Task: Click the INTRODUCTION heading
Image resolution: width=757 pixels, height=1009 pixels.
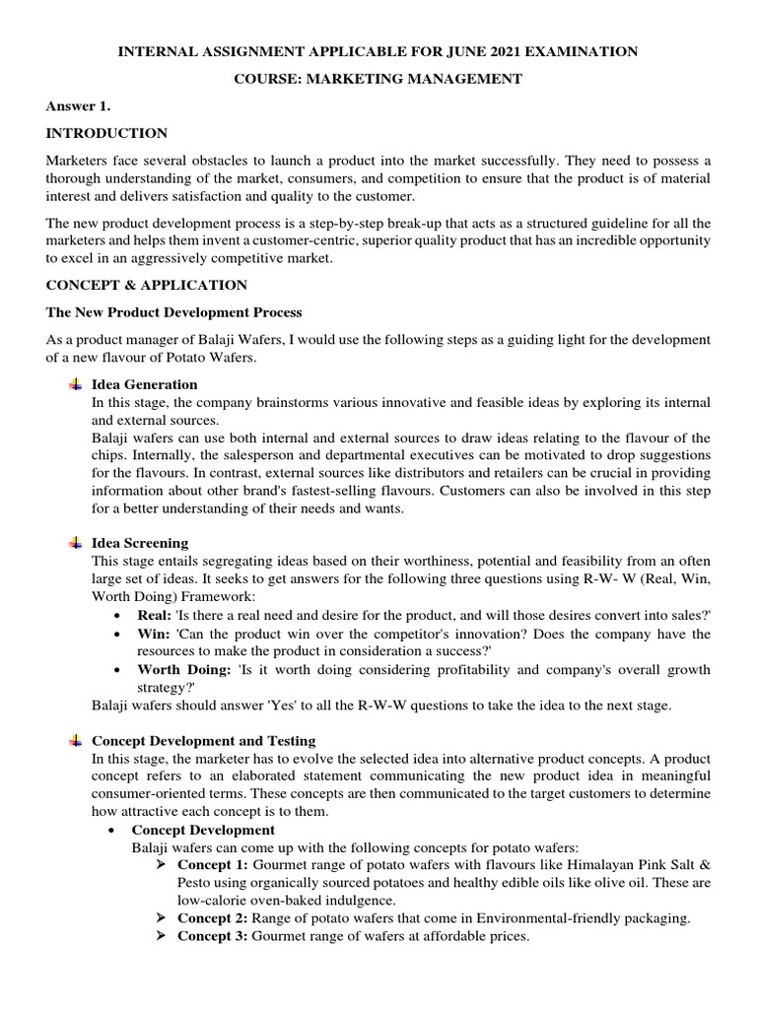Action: pyautogui.click(x=106, y=133)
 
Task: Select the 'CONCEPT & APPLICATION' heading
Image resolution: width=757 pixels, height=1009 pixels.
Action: pyautogui.click(x=147, y=285)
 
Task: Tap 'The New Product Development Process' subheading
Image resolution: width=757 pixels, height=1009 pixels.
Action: pyautogui.click(x=173, y=312)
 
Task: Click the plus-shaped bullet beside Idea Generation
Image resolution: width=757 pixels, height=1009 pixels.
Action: pyautogui.click(x=76, y=384)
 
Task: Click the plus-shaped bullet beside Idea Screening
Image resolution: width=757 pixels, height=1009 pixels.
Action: pyautogui.click(x=76, y=543)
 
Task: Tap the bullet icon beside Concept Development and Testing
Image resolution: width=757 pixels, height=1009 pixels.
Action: pyautogui.click(x=76, y=740)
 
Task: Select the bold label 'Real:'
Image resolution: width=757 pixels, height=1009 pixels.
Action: pyautogui.click(x=155, y=615)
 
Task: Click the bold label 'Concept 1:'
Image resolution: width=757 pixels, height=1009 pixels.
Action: pyautogui.click(x=212, y=864)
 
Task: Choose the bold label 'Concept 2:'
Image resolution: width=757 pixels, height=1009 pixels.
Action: pyautogui.click(x=212, y=918)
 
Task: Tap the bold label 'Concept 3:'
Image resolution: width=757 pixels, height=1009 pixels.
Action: pyautogui.click(x=212, y=937)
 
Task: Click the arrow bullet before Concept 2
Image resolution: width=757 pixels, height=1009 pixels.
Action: pyautogui.click(x=164, y=918)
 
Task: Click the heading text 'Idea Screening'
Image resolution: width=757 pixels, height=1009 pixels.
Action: pyautogui.click(x=140, y=543)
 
